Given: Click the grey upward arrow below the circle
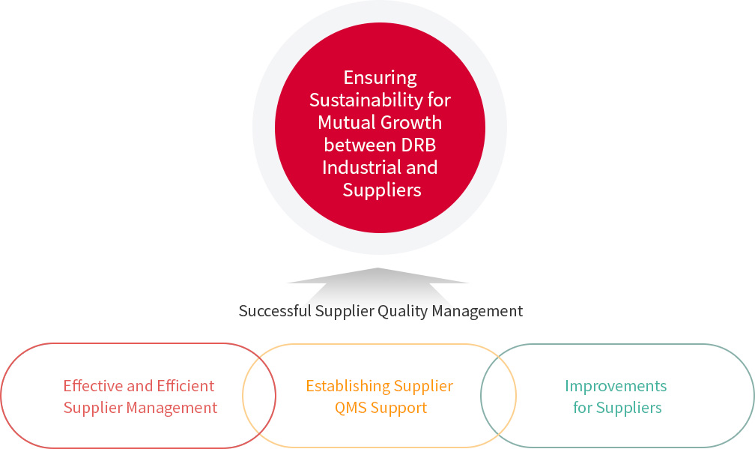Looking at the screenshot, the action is pos(377,284).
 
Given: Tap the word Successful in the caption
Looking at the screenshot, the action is pos(275,311).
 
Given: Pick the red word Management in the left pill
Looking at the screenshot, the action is pos(172,408).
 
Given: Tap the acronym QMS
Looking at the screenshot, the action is pos(351,408).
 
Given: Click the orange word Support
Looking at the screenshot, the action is pos(398,409).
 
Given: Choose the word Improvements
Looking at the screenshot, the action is pos(616,386).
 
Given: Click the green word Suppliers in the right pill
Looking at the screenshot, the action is pos(629,408).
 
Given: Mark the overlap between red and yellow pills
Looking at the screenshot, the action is pos(259,396).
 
